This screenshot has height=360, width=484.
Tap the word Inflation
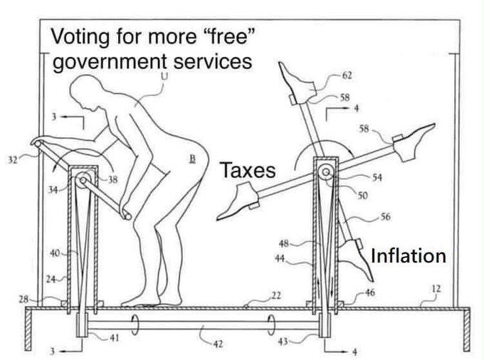coord(408,255)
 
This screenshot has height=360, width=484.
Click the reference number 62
coord(347,75)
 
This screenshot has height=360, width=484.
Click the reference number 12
coord(436,289)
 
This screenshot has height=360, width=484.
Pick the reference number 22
coord(276,295)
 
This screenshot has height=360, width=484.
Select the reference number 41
coord(115,338)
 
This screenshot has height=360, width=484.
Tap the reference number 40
coord(53,253)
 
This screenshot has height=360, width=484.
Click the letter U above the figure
coord(164,75)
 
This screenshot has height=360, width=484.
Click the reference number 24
coord(51,278)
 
